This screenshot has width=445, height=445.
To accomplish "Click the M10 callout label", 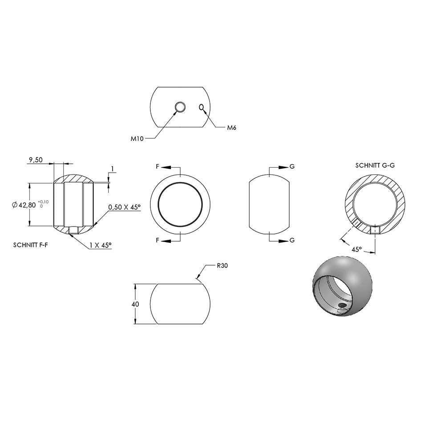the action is [x=137, y=139].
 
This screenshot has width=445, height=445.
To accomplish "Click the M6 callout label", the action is [x=231, y=128].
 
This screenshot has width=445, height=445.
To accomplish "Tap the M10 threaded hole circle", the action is [x=180, y=107].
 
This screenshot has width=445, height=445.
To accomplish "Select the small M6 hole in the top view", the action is [x=202, y=107].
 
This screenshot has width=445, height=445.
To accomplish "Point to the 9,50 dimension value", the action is [x=36, y=160].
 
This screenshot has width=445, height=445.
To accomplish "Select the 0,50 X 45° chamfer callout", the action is [x=124, y=207].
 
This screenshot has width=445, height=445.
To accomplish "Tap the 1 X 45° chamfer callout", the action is [x=101, y=245].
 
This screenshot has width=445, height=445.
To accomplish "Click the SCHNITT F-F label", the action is [x=30, y=245].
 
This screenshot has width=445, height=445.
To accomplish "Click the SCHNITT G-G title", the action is [x=375, y=165].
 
